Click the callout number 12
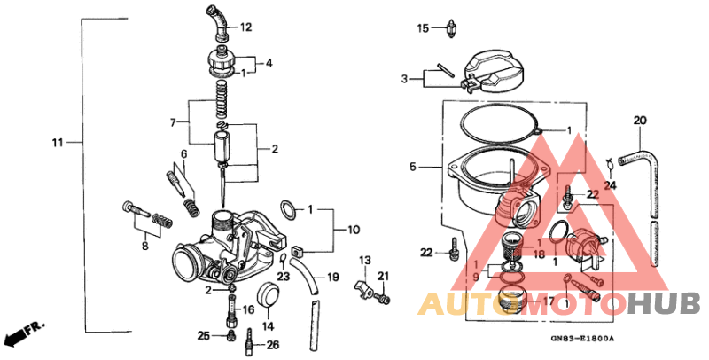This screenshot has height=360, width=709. (245, 27)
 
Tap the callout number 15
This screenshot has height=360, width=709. (424, 28)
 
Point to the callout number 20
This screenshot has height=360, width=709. (640, 120)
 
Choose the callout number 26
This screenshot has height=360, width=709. (272, 345)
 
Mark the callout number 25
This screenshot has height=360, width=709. (204, 336)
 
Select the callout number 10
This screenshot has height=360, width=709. (353, 230)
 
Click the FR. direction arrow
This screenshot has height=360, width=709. (23, 334)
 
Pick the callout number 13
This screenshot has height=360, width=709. (363, 259)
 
